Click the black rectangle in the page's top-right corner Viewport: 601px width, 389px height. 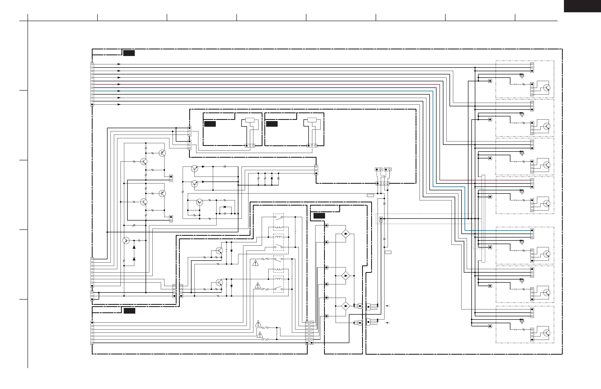582,6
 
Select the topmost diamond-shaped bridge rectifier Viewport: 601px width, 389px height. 346,234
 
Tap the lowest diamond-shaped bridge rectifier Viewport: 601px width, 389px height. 346,306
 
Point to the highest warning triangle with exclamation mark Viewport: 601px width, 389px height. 256,263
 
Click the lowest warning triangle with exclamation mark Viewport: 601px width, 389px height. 260,335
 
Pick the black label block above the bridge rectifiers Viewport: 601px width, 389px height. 319,216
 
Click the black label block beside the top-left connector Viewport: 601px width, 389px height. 129,53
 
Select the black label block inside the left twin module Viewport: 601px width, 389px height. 210,124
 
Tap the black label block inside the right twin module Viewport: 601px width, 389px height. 272,124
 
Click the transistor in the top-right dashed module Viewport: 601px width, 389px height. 547,88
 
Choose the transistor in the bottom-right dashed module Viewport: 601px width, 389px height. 547,333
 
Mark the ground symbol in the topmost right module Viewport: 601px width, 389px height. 522,76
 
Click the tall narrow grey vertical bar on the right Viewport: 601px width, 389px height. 483,219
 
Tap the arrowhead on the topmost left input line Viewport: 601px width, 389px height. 119,64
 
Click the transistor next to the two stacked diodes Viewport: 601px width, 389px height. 126,240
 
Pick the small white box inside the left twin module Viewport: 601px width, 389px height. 250,120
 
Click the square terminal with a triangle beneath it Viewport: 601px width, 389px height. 381,219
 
